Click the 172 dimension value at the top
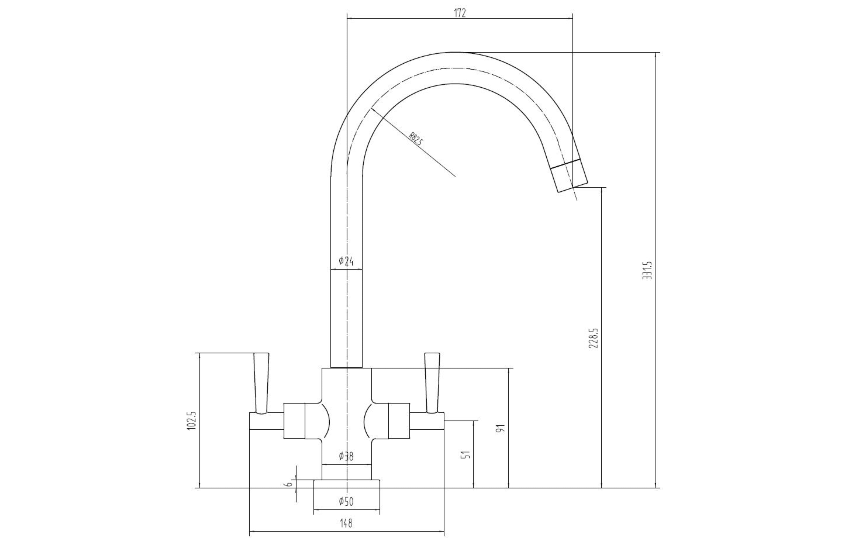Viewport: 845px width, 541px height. point(459,13)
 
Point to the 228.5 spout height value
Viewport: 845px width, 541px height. point(593,338)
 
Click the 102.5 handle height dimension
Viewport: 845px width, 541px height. point(191,421)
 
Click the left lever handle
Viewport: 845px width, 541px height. point(261,383)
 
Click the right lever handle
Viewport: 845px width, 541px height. point(432,383)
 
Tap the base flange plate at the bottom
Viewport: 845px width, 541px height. point(347,484)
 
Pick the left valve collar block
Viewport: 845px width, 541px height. point(294,421)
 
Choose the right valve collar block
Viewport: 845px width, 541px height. point(399,421)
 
